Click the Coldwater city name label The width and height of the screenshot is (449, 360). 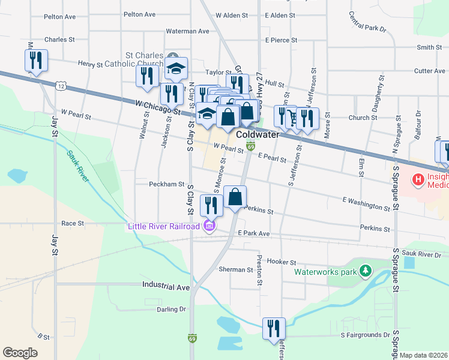click(258, 134)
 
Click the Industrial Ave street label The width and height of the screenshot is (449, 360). click(166, 287)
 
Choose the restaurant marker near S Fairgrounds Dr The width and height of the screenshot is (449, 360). click(274, 328)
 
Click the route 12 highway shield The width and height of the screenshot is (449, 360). click(61, 86)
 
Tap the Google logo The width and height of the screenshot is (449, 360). click(20, 352)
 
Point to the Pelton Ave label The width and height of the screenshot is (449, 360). click(139, 14)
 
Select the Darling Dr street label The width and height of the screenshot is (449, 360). click(171, 310)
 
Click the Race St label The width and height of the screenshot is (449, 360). click(72, 223)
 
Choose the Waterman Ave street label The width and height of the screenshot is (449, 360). click(187, 31)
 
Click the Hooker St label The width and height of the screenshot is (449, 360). click(282, 262)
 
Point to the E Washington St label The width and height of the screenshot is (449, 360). click(366, 203)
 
